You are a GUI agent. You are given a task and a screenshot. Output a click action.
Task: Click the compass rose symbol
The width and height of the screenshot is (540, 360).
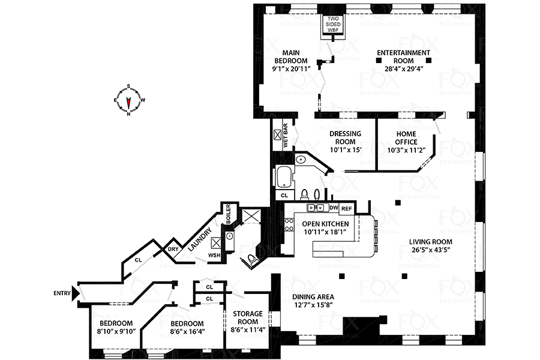point(128,100)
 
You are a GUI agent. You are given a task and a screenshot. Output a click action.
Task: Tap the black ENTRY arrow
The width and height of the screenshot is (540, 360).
point(75,294)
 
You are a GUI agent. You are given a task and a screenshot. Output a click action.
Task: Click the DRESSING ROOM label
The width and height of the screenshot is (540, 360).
point(345,137)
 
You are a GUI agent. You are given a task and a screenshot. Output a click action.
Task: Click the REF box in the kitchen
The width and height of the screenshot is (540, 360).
point(346,209)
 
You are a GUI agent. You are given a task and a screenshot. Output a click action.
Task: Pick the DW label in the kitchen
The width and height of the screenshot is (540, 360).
point(334,208)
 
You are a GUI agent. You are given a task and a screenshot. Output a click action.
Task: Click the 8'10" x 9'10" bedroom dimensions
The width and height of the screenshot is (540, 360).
point(117,331)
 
